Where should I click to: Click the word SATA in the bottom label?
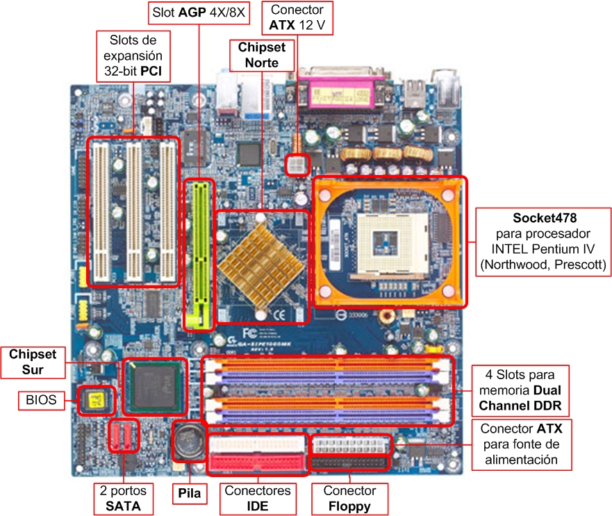124,506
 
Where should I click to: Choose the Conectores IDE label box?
258,498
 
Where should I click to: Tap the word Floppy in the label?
349,506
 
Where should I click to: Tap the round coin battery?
188,440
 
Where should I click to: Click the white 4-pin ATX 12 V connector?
297,165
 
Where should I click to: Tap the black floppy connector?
351,463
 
